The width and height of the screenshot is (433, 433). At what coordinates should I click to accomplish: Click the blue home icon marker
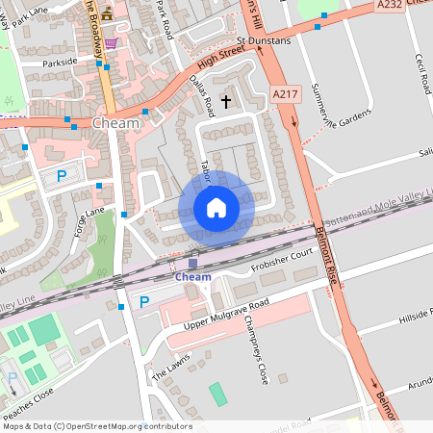[x=216, y=208]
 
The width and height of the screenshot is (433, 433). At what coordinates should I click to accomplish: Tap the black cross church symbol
[x=227, y=100]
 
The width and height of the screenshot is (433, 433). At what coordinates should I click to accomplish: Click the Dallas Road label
[x=202, y=93]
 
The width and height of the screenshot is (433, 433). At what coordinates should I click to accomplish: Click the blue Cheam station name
[x=192, y=277]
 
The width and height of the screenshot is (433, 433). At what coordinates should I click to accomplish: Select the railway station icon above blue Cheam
[x=192, y=263]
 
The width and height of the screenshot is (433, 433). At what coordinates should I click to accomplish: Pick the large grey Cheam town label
[x=116, y=123]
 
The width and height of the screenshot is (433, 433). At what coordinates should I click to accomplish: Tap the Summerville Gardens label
[x=344, y=101]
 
